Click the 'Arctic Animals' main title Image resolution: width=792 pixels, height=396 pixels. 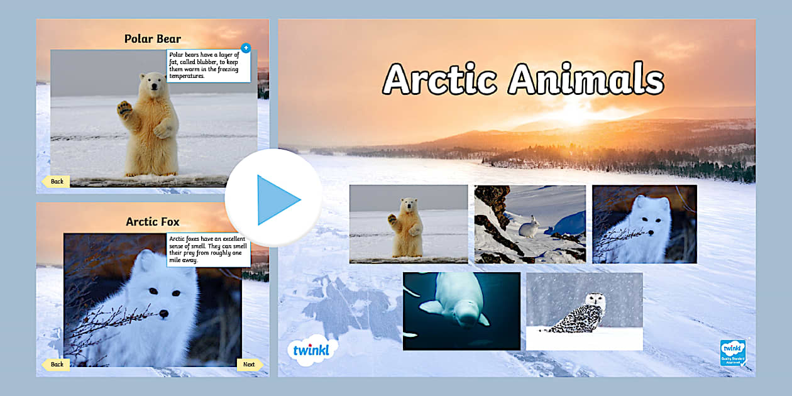(x=523, y=79)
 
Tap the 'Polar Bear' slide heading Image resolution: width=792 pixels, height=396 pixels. (x=153, y=39)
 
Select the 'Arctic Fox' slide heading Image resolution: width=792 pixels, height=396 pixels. (x=153, y=221)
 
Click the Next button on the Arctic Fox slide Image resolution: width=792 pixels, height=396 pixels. (x=249, y=365)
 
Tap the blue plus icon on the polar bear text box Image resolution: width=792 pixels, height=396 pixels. (x=245, y=48)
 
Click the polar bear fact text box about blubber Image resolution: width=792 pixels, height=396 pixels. (x=208, y=66)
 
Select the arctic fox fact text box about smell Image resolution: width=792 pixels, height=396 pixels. (x=208, y=250)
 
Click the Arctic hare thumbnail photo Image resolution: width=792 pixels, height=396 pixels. (x=530, y=224)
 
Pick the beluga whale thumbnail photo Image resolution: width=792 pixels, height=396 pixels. (x=461, y=311)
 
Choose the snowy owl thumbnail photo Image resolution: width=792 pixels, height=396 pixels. (x=584, y=311)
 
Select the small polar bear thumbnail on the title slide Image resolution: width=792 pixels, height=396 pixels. (x=409, y=224)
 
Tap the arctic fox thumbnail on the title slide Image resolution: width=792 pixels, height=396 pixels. (x=644, y=224)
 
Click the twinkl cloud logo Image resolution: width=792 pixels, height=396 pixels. (x=312, y=349)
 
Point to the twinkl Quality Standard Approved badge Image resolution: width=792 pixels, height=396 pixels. (x=733, y=352)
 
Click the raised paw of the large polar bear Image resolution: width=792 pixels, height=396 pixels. (x=124, y=109)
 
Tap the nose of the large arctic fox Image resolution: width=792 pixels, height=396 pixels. (x=163, y=313)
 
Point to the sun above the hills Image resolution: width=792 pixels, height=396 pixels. (x=573, y=112)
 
